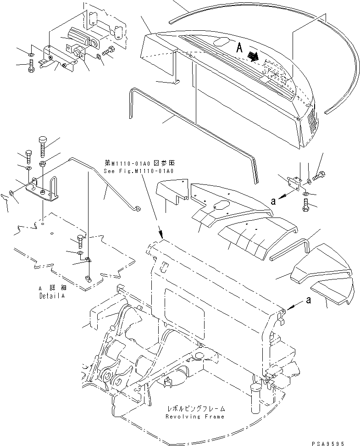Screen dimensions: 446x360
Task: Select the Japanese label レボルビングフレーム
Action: click(x=197, y=408)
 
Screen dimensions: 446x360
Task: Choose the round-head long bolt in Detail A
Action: click(x=43, y=145)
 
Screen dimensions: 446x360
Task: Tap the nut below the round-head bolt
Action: click(x=42, y=164)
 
